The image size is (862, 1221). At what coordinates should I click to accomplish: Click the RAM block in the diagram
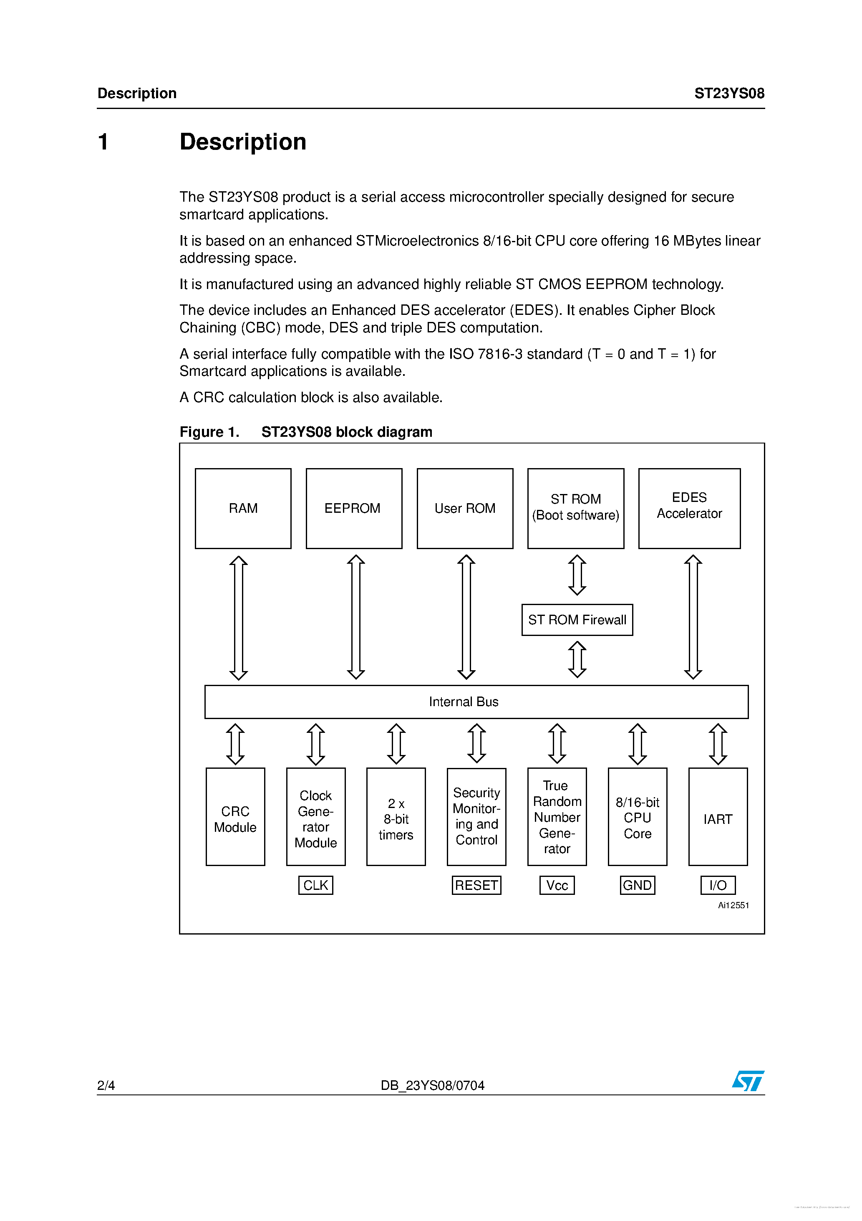[x=243, y=508]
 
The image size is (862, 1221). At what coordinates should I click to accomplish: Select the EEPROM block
[x=353, y=508]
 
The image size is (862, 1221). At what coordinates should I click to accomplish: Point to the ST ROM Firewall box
[x=577, y=620]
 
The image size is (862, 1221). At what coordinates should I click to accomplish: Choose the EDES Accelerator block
[x=689, y=508]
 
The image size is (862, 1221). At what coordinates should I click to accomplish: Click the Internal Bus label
[x=464, y=702]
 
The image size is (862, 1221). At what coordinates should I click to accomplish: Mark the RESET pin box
[x=476, y=885]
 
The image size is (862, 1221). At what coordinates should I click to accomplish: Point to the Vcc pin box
[x=557, y=885]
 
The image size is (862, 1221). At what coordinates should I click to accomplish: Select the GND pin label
[x=637, y=885]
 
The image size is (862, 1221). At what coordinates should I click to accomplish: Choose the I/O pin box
[x=718, y=885]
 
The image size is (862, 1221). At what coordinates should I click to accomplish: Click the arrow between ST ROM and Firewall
[x=577, y=575]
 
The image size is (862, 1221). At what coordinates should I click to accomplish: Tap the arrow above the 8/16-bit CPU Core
[x=637, y=743]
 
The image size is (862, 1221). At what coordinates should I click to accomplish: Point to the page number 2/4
[x=106, y=1085]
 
